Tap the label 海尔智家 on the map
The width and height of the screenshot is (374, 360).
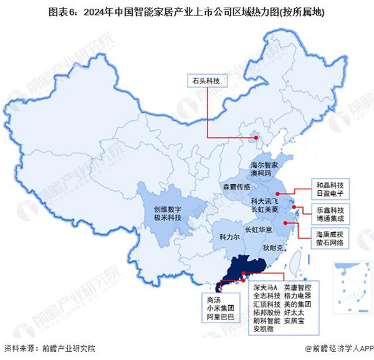(x=262, y=166)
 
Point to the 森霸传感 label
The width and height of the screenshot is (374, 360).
(x=237, y=187)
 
